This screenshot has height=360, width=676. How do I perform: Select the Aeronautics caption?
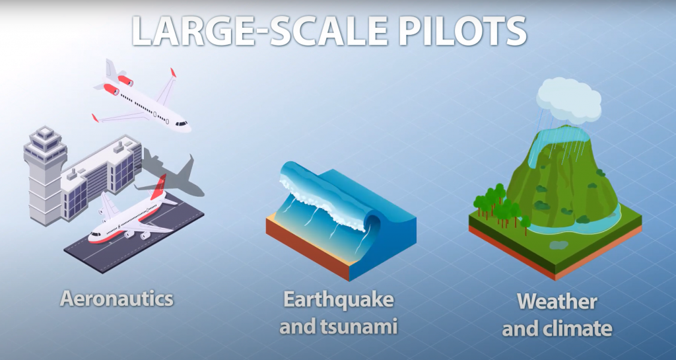(117, 299)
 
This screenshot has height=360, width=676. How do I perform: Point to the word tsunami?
(360, 326)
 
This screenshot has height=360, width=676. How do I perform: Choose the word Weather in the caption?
(557, 301)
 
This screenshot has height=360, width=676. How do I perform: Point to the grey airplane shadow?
(174, 174)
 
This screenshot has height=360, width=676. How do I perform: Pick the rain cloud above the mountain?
(568, 100)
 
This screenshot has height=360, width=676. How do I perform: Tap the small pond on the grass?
(559, 245)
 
